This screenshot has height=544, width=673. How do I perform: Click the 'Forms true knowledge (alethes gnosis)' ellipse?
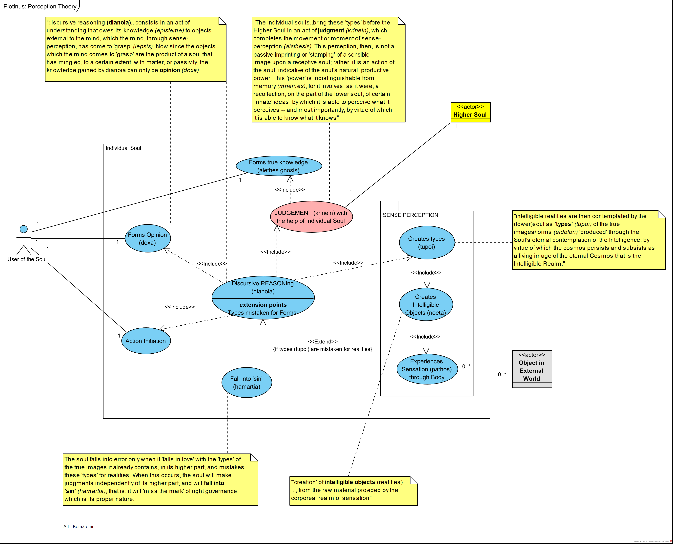click(279, 166)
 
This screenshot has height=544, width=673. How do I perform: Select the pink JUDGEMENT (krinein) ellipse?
click(311, 217)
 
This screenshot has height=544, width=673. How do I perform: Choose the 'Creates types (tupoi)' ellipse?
click(426, 243)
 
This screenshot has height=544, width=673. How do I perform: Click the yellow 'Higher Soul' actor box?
click(470, 112)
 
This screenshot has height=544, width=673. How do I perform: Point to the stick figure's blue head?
click(23, 229)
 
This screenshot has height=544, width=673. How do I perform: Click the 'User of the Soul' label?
click(27, 259)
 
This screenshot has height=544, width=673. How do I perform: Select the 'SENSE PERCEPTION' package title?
click(410, 215)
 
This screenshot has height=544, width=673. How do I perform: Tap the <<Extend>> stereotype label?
click(323, 341)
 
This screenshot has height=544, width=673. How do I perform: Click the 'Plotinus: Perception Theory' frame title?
click(40, 6)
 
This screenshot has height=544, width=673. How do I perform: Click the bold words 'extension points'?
click(263, 305)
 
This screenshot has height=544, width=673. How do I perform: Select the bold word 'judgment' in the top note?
click(331, 30)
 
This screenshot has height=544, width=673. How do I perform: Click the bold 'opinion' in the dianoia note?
click(170, 70)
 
